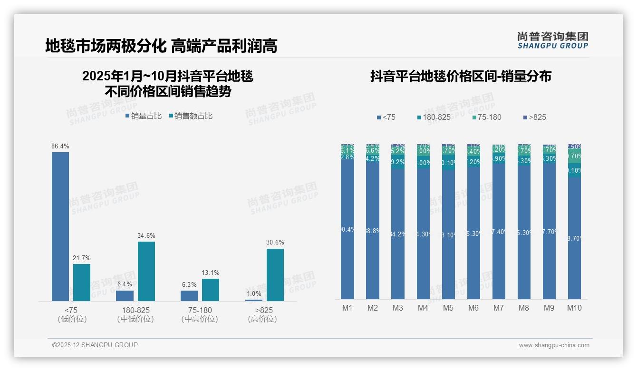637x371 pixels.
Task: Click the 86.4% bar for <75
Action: pos(60,226)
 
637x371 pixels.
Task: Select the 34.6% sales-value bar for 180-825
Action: pos(146,271)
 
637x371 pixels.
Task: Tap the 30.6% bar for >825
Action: pos(275,275)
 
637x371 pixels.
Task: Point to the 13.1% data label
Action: pos(211,273)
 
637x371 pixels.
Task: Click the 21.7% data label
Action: pos(82,258)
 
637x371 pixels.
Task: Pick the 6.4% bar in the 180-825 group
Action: pos(125,295)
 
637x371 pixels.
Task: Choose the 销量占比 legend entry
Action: pos(143,116)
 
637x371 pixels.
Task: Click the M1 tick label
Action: pos(347,308)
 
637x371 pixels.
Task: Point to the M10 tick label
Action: pos(574,308)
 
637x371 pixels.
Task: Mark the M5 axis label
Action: pos(448,308)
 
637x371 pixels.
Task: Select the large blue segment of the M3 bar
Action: pos(398,234)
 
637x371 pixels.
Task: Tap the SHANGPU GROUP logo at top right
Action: pos(553,40)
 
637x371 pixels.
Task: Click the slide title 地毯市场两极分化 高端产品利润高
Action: pos(161,46)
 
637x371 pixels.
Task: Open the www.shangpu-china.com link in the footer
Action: pos(554,345)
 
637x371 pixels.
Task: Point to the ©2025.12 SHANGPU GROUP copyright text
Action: pos(95,345)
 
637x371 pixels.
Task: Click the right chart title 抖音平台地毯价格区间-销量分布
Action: pos(461,76)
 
